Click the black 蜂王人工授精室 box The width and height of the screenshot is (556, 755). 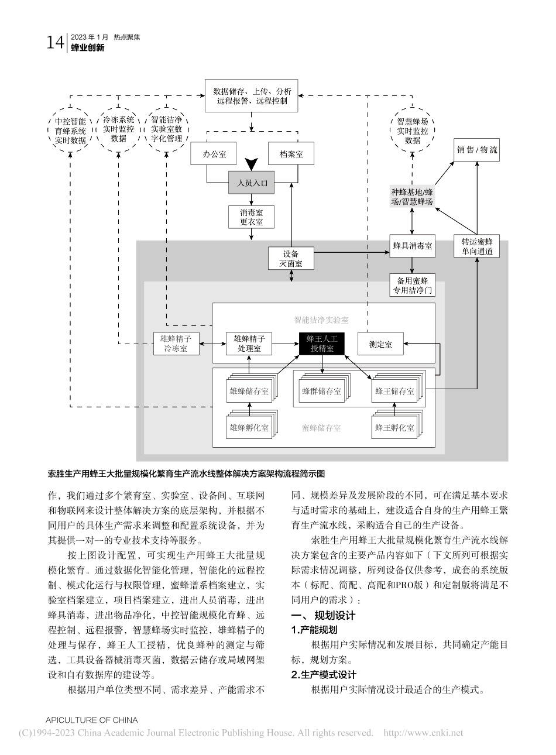click(x=322, y=344)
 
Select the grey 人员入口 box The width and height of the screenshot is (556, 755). click(x=252, y=183)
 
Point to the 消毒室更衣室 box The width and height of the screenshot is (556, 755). click(x=252, y=217)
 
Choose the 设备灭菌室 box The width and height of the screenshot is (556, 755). click(x=291, y=258)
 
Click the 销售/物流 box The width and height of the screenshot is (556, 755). click(x=477, y=150)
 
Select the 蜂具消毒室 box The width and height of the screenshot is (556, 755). click(x=413, y=246)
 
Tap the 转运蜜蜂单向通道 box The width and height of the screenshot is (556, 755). click(x=477, y=246)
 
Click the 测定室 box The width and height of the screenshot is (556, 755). click(x=381, y=344)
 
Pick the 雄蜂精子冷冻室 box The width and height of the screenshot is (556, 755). click(x=176, y=344)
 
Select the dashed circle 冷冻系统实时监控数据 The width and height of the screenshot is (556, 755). click(x=119, y=129)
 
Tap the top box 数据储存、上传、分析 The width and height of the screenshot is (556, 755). click(x=252, y=96)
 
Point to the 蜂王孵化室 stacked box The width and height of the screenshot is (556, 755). click(x=394, y=427)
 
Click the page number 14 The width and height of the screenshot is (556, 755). click(x=55, y=42)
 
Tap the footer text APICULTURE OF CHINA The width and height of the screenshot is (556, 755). click(x=91, y=720)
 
